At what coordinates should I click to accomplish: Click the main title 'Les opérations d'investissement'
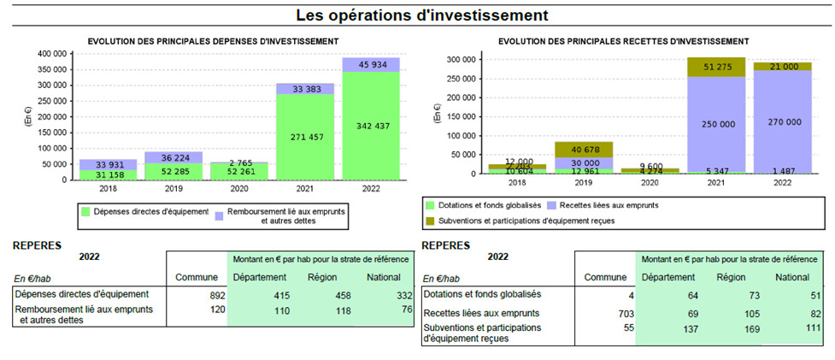[x=421, y=15]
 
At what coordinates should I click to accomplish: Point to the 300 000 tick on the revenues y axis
[x=462, y=60]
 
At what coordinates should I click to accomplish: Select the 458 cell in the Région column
[x=320, y=293]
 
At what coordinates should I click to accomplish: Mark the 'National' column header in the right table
[x=791, y=277]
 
